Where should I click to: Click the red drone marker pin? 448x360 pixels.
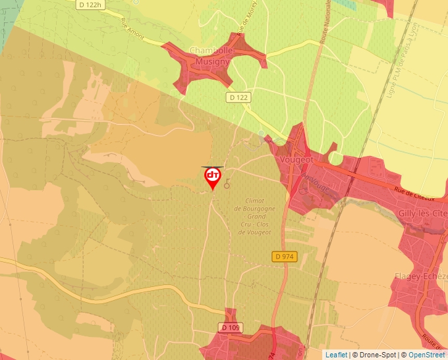(x=212, y=177)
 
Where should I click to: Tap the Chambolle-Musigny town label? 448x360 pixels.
(x=210, y=56)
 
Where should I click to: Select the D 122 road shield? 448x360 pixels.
(x=239, y=97)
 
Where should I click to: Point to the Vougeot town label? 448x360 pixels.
(x=296, y=159)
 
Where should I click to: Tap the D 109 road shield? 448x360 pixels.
(x=230, y=328)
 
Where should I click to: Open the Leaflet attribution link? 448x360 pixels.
(x=336, y=355)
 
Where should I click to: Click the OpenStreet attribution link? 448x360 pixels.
(x=426, y=355)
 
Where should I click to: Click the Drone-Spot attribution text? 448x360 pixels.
(x=374, y=355)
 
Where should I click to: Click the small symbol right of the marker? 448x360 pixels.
(x=227, y=184)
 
